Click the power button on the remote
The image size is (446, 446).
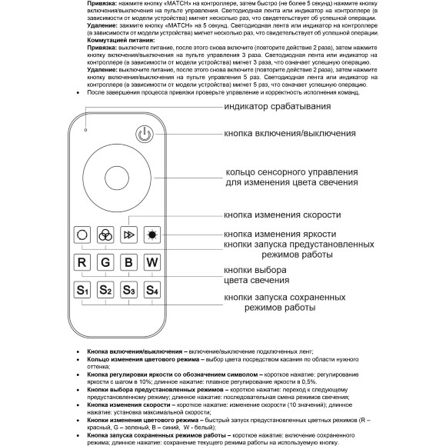coord(144,136)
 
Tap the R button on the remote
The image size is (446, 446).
coord(82,261)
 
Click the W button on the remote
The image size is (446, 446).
coord(152,261)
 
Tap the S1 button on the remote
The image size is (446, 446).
coord(82,291)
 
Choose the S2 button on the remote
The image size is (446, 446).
coord(105,291)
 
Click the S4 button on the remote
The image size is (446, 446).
coord(152,291)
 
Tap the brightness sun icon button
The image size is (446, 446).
coord(152,234)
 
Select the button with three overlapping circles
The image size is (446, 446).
coord(105,234)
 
